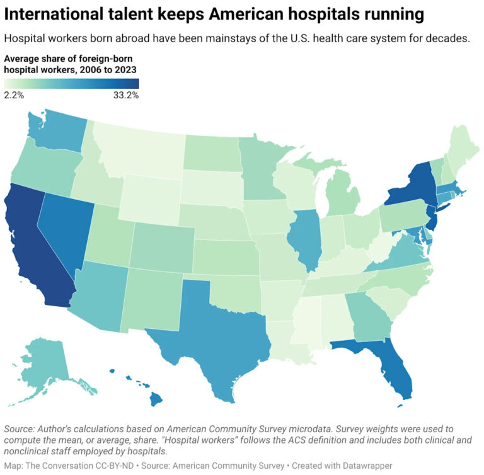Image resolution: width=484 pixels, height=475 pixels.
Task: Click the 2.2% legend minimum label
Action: coord(14,95)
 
